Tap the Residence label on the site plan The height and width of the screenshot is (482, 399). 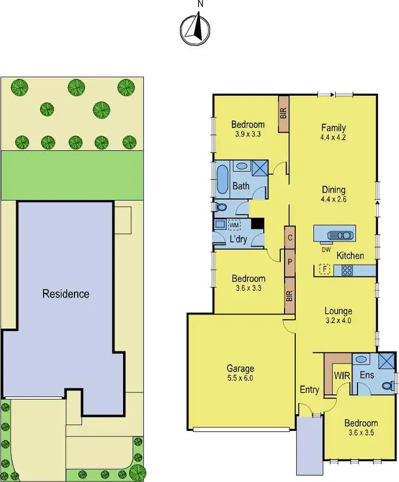pos(66,294)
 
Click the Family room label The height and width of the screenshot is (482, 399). pos(334,132)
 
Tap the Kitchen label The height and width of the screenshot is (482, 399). pos(350,256)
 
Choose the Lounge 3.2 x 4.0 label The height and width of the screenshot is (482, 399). pos(339,315)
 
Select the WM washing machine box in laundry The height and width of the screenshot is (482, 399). pos(235,226)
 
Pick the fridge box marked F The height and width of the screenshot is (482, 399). pos(323,270)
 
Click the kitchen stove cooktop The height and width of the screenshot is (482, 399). pos(347,270)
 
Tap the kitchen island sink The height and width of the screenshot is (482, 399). pos(338,235)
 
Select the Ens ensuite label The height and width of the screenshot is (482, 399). pos(367,375)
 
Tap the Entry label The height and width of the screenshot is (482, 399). pos(309,390)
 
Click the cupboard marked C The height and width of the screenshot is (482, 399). pos(289,238)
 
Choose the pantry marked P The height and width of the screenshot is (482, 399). pos(289,262)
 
